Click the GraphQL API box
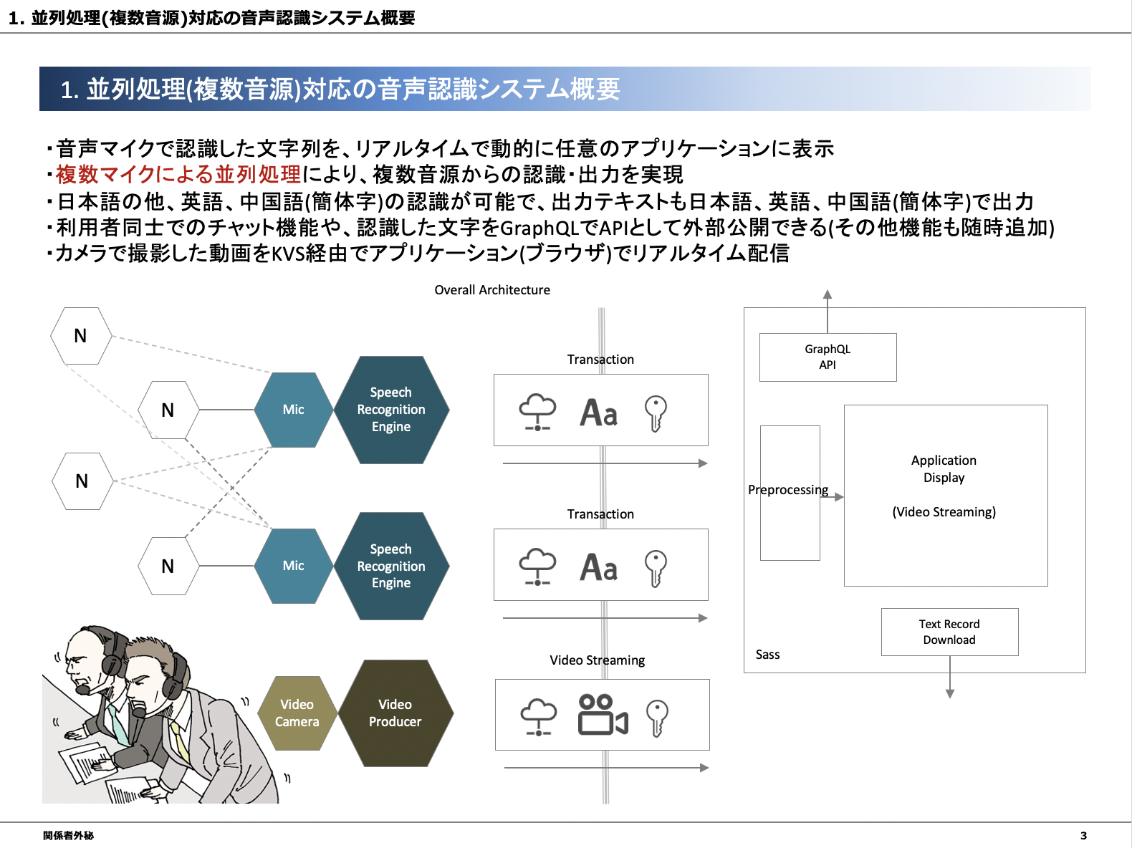point(828,357)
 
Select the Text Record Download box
point(949,632)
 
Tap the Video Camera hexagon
point(297,713)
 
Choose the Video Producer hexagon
point(395,713)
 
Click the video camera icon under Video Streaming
point(603,715)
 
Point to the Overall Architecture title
point(492,290)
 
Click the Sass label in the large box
point(767,654)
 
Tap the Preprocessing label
point(788,490)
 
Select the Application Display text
point(944,468)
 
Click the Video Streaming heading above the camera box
point(598,660)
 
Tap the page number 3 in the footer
point(1083,836)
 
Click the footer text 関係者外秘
point(68,836)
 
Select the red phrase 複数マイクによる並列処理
point(178,174)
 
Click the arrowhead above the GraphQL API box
point(828,294)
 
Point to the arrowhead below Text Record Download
point(950,694)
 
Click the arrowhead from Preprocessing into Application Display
point(839,497)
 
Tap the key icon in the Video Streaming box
point(657,718)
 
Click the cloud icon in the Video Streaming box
point(538,716)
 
